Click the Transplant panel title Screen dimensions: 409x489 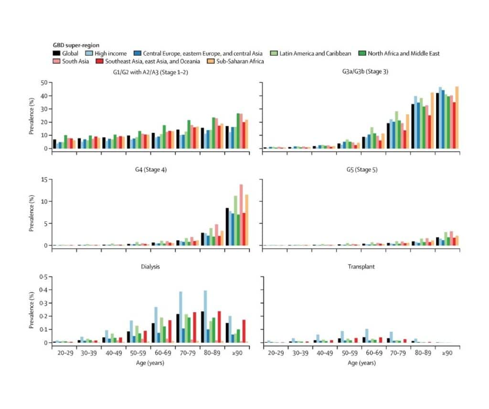tap(361, 267)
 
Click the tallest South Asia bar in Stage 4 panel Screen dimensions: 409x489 tap(241, 215)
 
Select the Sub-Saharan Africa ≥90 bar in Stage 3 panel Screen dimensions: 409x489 tap(457, 117)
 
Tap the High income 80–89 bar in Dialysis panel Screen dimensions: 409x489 tap(205, 316)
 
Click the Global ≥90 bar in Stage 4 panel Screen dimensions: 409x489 tap(227, 226)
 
